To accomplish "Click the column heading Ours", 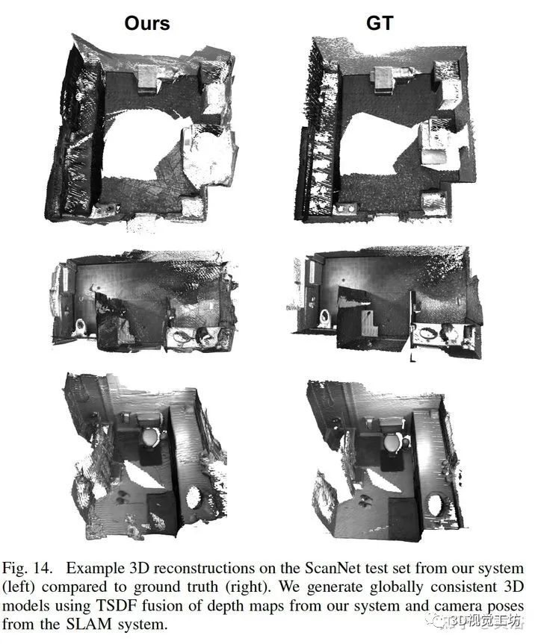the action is (147, 23).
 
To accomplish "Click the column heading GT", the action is (380, 23).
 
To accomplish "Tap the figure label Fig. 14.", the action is (27, 569).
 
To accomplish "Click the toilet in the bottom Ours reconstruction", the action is (149, 438).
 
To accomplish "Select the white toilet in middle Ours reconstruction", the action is (80, 328).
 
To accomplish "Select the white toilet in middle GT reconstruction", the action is (325, 318).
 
